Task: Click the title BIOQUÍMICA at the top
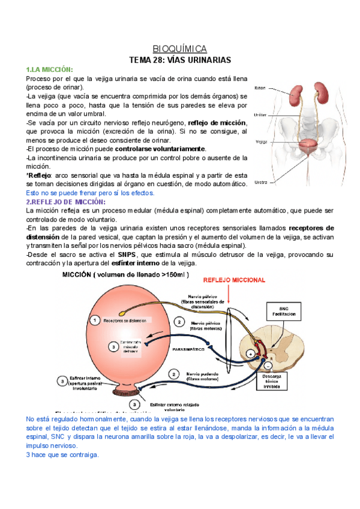coord(179,49)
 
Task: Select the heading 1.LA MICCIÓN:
coord(50,70)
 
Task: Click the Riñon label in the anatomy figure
coord(260,88)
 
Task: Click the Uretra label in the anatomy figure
coord(260,182)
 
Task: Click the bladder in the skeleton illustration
coord(308,146)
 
